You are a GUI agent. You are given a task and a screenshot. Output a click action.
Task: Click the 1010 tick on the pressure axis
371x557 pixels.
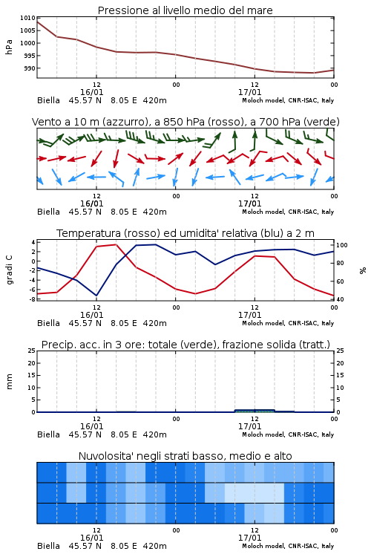click(27, 18)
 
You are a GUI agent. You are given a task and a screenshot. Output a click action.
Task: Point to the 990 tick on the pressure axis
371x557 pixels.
click(30, 68)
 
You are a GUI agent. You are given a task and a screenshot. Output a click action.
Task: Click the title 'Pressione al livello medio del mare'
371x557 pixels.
click(185, 10)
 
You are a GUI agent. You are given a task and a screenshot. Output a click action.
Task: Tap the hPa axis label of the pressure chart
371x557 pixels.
click(9, 47)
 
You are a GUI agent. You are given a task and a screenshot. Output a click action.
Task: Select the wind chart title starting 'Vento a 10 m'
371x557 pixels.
click(185, 122)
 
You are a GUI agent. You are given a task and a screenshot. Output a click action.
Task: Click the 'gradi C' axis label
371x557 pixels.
click(9, 270)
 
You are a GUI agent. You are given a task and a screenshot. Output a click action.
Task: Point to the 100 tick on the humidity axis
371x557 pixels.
click(342, 245)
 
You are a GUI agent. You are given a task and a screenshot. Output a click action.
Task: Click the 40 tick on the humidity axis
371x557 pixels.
click(340, 299)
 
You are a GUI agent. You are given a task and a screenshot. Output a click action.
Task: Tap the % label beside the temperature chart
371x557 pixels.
click(363, 270)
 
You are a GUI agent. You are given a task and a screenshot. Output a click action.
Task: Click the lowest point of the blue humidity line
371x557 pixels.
click(96, 296)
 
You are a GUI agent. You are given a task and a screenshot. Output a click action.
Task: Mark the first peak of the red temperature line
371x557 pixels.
click(116, 244)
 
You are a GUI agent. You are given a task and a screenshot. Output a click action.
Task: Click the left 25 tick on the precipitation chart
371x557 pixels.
click(31, 351)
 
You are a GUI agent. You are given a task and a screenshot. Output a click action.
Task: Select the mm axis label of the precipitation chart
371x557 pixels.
click(9, 382)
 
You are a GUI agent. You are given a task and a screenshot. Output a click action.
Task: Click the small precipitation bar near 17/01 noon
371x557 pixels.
click(255, 411)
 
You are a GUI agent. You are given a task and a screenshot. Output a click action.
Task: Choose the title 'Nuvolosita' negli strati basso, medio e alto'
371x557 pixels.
click(185, 456)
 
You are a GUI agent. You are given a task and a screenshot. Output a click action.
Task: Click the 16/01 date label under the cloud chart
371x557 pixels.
click(91, 538)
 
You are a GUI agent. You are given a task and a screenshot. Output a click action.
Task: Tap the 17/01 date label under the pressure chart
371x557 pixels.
click(249, 92)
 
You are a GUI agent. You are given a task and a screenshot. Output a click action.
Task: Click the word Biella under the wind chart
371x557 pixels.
click(48, 212)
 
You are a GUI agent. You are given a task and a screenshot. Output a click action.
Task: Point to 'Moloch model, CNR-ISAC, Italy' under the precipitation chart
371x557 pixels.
click(288, 434)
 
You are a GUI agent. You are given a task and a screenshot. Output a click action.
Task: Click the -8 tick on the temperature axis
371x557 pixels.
click(32, 299)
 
